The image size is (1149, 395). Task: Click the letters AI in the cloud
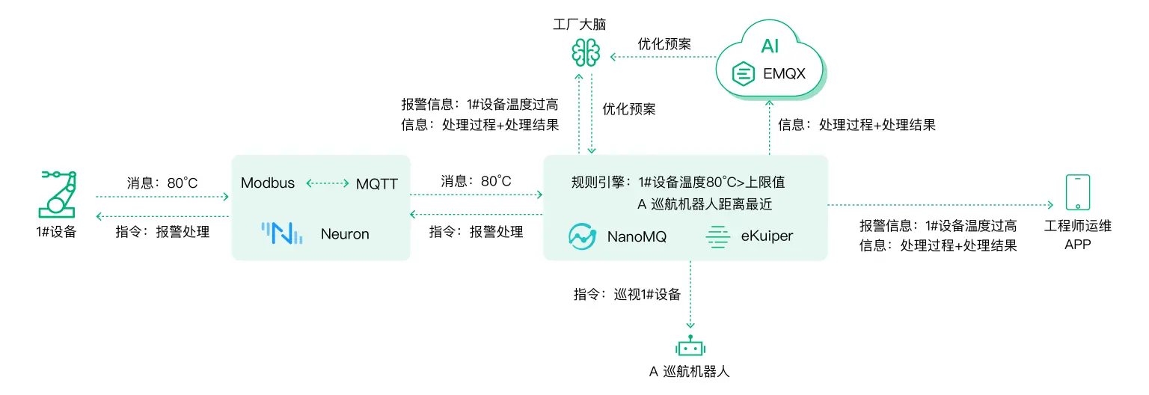coord(770,47)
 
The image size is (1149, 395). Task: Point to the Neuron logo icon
coord(282,233)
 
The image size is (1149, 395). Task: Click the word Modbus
coord(268,183)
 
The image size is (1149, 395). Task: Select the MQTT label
coord(378,183)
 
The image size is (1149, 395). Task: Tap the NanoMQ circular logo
coord(581,236)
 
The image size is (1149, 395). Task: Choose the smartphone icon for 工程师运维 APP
coord(1077,193)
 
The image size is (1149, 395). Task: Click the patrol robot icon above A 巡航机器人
coord(690,347)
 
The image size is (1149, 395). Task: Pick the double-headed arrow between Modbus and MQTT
coord(328,183)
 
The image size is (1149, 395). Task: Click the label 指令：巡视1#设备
coord(627,294)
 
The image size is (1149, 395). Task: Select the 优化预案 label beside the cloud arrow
coord(664,44)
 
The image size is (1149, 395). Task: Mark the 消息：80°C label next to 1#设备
coord(162,182)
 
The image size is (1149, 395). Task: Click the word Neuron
coord(345,234)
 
